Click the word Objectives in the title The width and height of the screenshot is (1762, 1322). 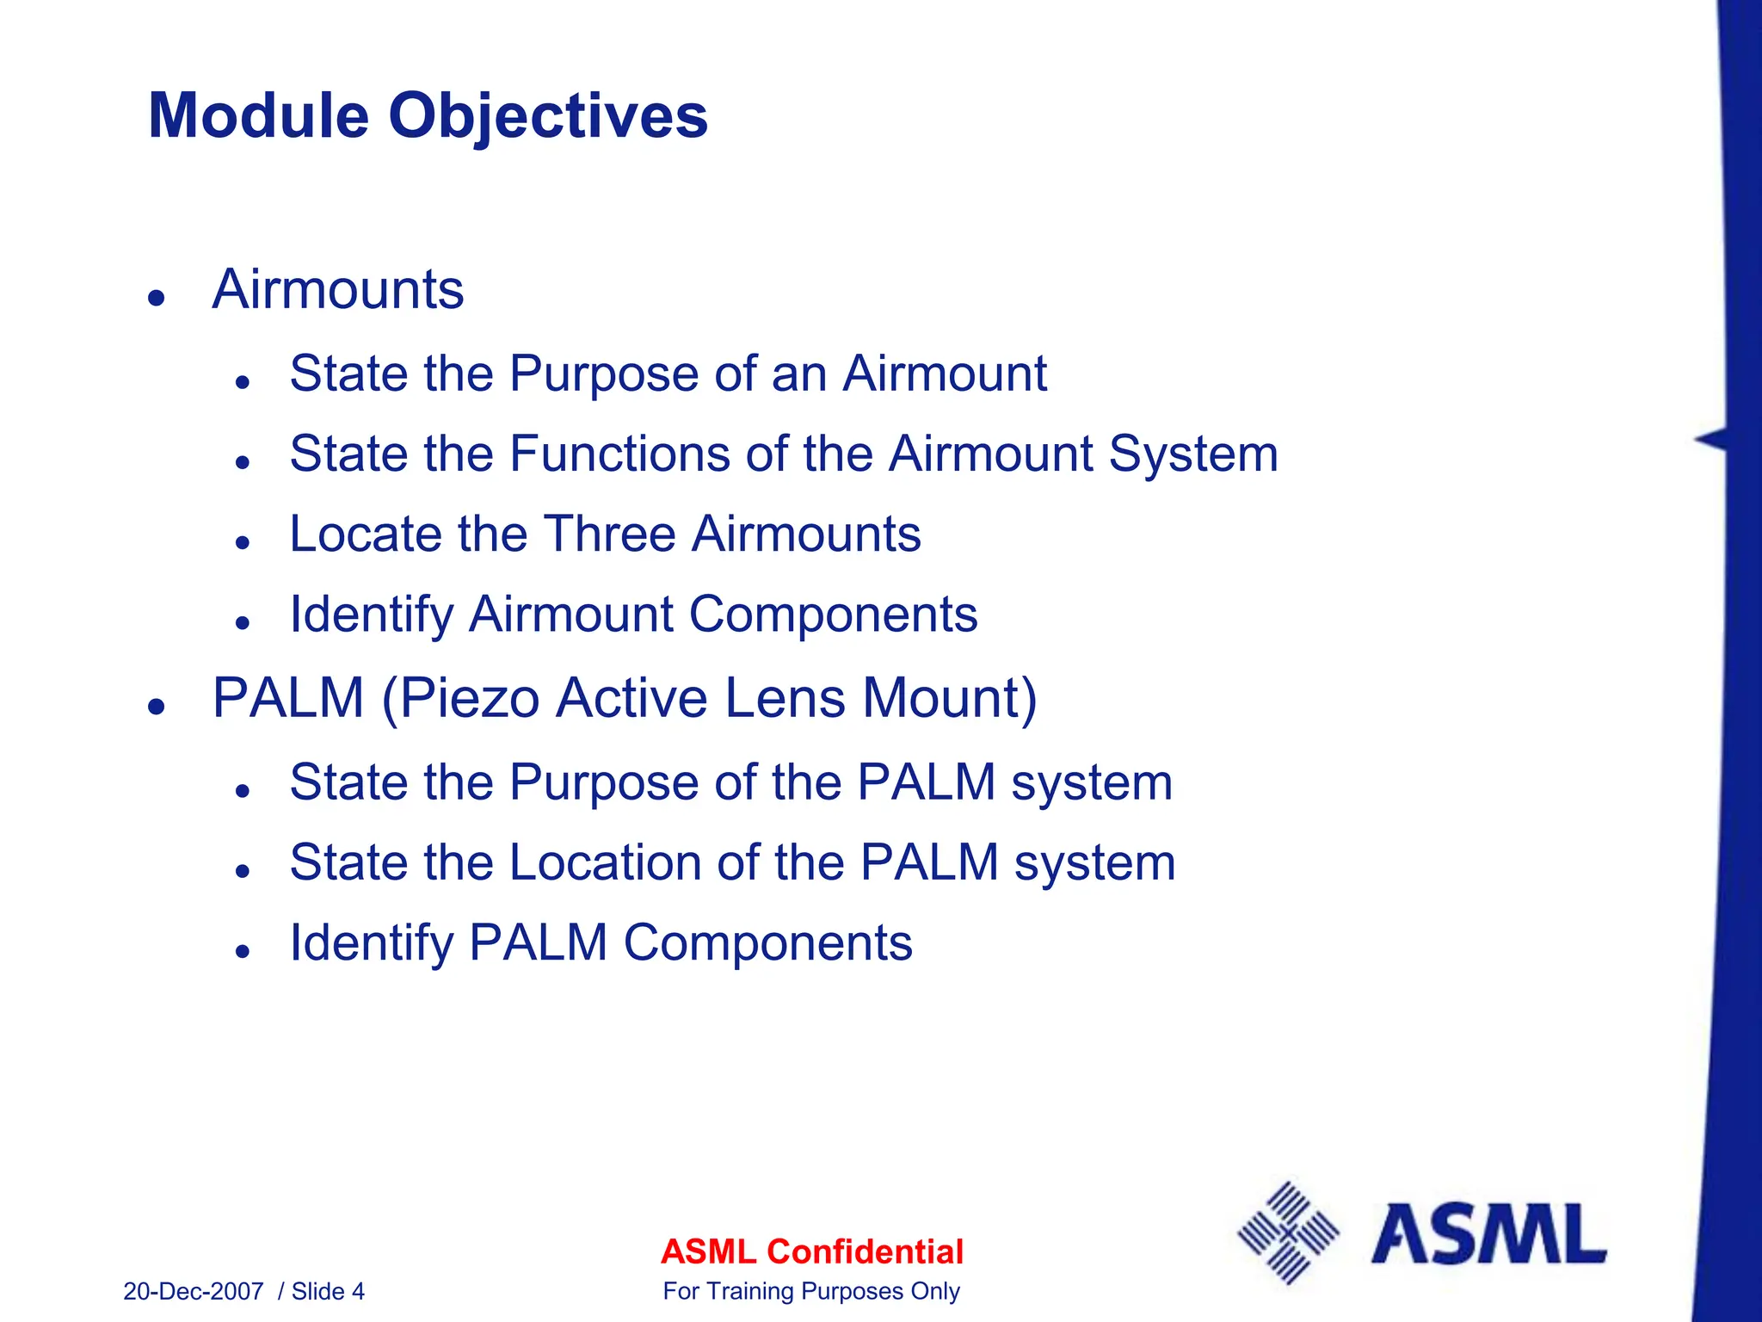[x=548, y=116]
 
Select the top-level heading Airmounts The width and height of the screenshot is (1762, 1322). [x=338, y=289]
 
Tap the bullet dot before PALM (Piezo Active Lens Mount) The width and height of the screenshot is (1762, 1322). [x=156, y=707]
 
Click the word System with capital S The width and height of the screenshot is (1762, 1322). [x=1192, y=454]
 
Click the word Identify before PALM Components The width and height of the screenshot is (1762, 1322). [x=372, y=943]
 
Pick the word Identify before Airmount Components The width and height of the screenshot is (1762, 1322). [x=372, y=615]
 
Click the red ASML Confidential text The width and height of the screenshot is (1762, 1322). [x=811, y=1251]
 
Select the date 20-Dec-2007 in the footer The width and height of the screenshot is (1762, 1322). [x=193, y=1292]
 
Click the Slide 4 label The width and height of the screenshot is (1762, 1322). [x=328, y=1292]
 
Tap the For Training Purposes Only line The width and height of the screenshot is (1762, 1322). [x=811, y=1292]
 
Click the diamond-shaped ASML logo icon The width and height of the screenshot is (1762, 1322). [x=1287, y=1233]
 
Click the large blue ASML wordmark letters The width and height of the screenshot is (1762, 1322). [x=1488, y=1235]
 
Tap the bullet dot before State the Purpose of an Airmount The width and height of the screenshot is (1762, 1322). [x=243, y=382]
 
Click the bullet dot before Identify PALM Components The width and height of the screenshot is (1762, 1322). [x=243, y=952]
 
